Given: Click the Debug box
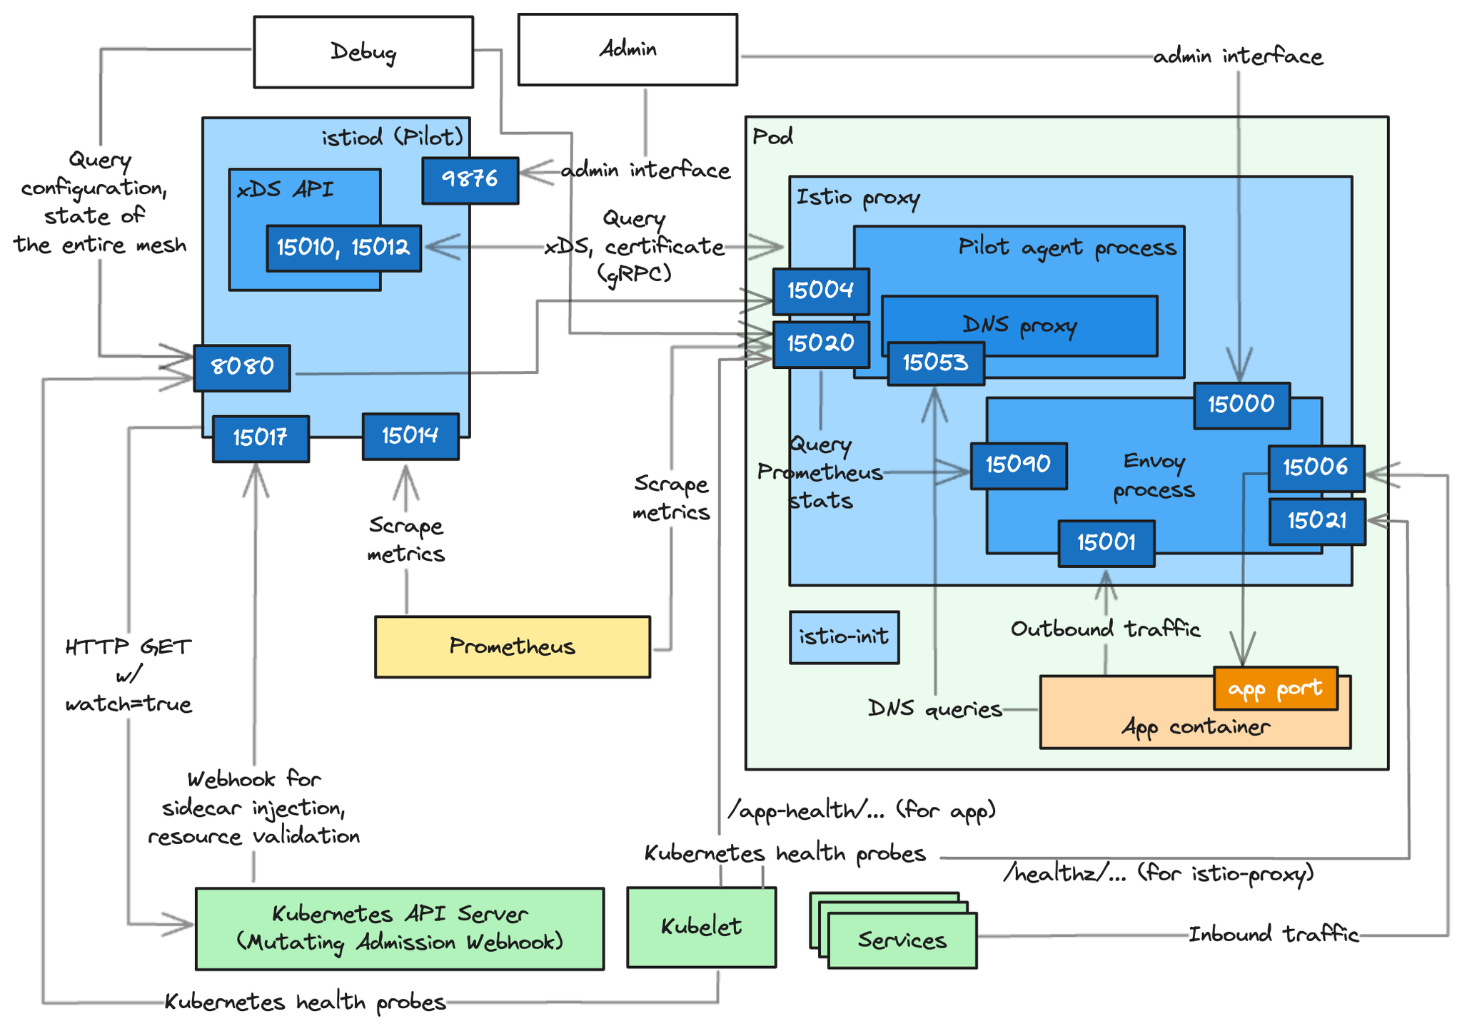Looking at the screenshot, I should (363, 52).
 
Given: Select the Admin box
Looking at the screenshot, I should (627, 50).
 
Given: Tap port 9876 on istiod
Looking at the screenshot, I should (470, 181).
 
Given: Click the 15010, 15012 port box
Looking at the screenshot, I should (343, 248).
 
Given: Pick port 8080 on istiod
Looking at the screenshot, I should (242, 367).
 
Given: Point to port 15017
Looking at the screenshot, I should (261, 438).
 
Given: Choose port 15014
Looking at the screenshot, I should (410, 436).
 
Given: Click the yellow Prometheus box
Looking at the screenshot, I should (513, 646).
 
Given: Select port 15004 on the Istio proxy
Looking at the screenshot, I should (821, 291).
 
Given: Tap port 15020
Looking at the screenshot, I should (821, 344).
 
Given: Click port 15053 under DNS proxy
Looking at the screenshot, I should (936, 363).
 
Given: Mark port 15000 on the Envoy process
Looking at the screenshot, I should (1241, 405).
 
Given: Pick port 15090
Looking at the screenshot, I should (1019, 465).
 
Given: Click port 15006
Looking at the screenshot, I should (1316, 468).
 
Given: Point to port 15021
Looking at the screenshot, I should (1317, 522).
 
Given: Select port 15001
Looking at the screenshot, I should (1106, 543).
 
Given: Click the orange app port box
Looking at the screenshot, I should (1276, 689).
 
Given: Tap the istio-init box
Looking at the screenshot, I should (844, 637).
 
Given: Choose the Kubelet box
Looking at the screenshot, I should (701, 927).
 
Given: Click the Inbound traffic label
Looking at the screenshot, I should (1274, 935).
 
